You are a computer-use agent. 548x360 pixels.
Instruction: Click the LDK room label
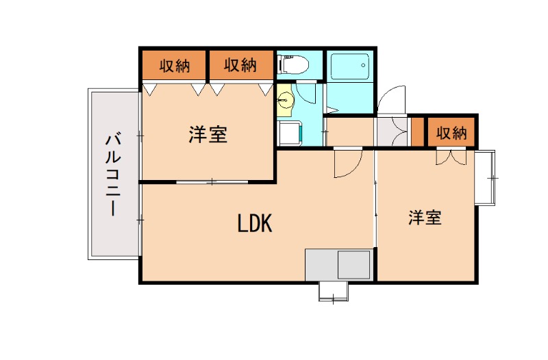pyautogui.click(x=255, y=223)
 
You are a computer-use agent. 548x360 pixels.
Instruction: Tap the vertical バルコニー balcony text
pyautogui.click(x=112, y=175)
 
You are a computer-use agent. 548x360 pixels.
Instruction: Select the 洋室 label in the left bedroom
pyautogui.click(x=208, y=134)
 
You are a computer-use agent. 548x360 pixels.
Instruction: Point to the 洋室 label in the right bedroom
pyautogui.click(x=425, y=218)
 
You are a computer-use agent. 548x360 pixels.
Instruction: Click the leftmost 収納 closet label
pyautogui.click(x=175, y=66)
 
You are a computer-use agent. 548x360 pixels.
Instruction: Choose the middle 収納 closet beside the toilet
pyautogui.click(x=240, y=66)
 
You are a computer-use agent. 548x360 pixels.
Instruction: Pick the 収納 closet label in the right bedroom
pyautogui.click(x=451, y=132)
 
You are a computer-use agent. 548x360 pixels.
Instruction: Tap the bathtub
pyautogui.click(x=349, y=66)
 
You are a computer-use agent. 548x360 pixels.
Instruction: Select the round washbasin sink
pyautogui.click(x=285, y=101)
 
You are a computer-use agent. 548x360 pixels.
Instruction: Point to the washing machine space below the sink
pyautogui.click(x=289, y=133)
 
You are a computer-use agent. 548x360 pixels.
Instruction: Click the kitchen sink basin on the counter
pyautogui.click(x=353, y=264)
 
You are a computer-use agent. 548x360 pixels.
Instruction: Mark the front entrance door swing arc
pyautogui.click(x=391, y=101)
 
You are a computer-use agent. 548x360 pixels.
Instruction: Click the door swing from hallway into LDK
pyautogui.click(x=347, y=164)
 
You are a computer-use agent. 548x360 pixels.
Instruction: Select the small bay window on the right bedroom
pyautogui.click(x=485, y=178)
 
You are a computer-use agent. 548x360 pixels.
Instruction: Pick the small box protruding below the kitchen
pyautogui.click(x=334, y=292)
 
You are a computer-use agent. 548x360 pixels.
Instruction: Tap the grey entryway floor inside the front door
pyautogui.click(x=393, y=130)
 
